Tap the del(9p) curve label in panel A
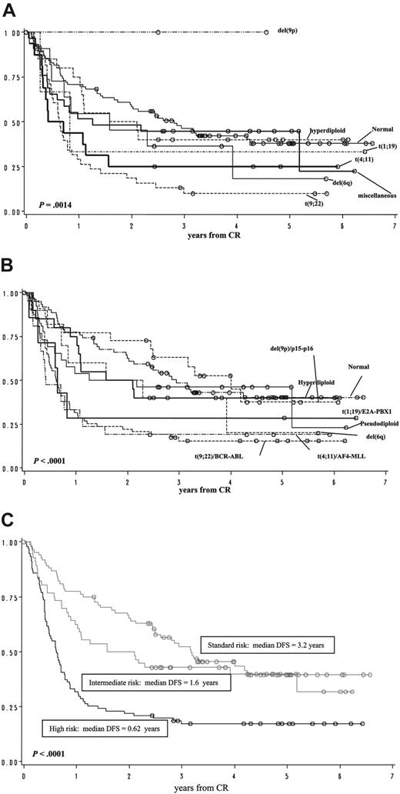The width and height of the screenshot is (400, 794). [292, 32]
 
